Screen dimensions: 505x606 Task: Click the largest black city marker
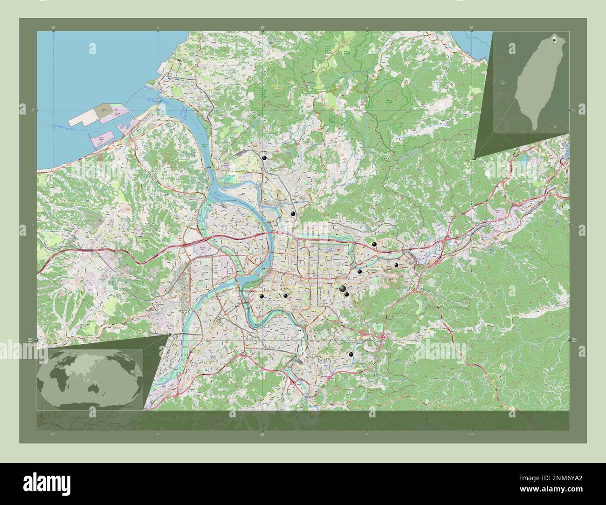tap(343, 289)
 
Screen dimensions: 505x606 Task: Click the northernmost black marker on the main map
tap(264, 158)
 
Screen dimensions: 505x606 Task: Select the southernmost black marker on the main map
tap(351, 355)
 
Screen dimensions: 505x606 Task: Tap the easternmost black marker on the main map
tap(396, 265)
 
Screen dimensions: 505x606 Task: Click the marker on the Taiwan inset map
tap(554, 40)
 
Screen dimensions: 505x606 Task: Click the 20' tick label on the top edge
tap(53, 28)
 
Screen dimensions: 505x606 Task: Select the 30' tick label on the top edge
tap(262, 28)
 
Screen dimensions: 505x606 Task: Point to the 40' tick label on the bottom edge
tap(471, 434)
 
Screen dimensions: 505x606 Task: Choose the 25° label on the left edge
tap(30, 340)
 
